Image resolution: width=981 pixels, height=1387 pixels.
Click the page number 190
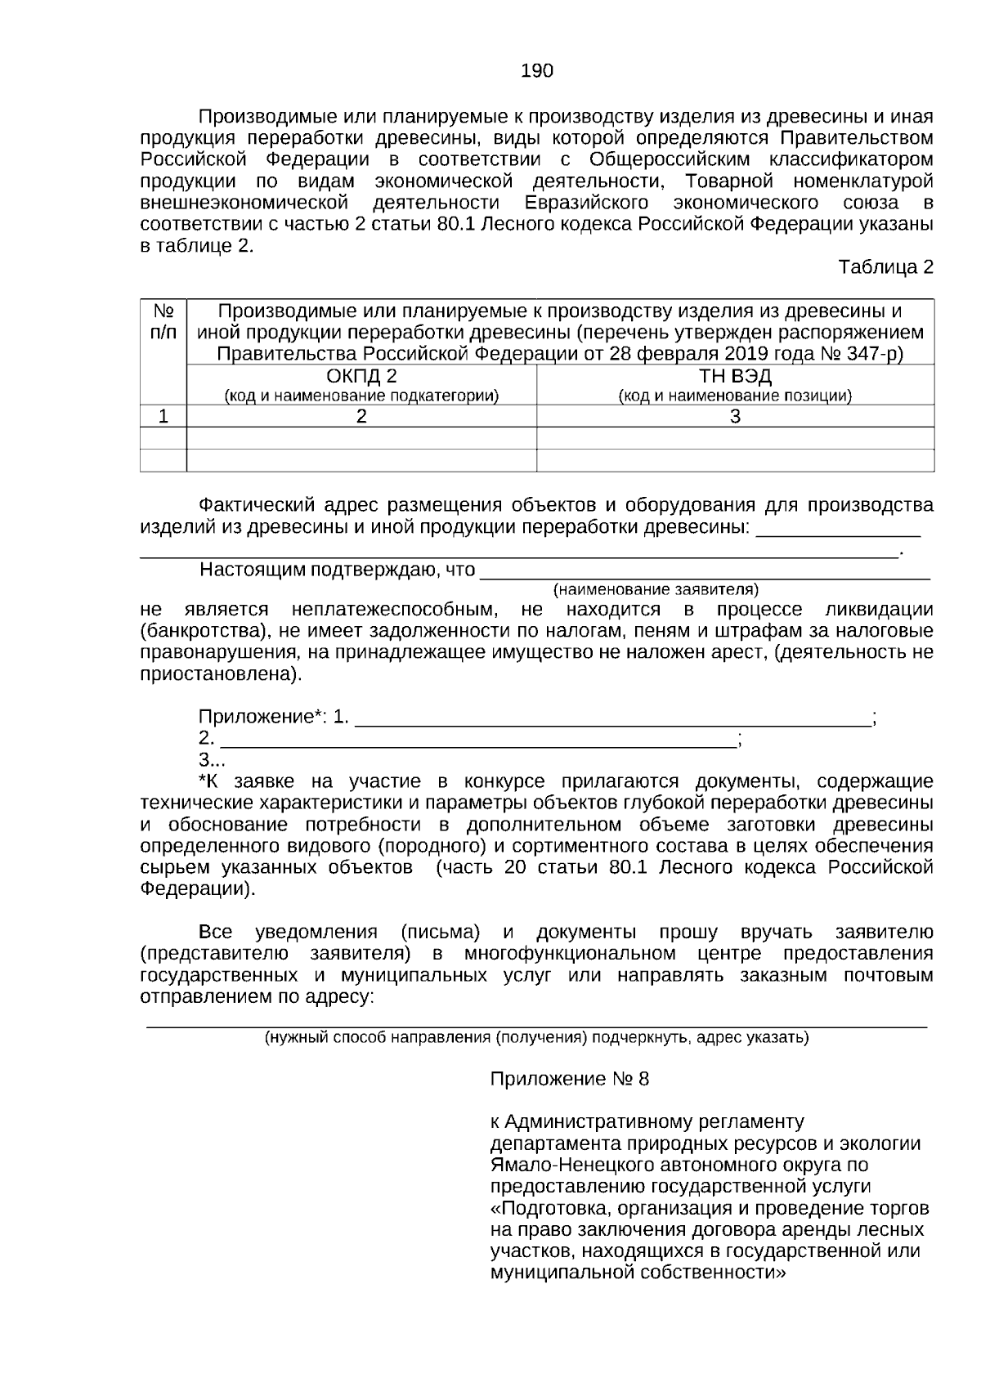pyautogui.click(x=537, y=71)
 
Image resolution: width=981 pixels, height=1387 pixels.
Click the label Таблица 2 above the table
pyautogui.click(x=885, y=267)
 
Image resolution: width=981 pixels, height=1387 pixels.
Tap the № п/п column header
pyautogui.click(x=163, y=322)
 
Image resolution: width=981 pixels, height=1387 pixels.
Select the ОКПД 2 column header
pyautogui.click(x=361, y=377)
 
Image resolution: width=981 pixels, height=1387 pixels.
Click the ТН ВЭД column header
pyautogui.click(x=735, y=377)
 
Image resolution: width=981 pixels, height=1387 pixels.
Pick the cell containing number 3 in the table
pyautogui.click(x=735, y=417)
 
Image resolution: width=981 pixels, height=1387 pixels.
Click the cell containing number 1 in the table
pyautogui.click(x=163, y=417)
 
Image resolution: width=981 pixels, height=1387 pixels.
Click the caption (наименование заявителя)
pyautogui.click(x=656, y=589)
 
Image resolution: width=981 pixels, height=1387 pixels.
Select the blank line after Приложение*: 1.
pyautogui.click(x=613, y=719)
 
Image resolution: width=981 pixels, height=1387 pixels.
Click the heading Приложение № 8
pyautogui.click(x=569, y=1079)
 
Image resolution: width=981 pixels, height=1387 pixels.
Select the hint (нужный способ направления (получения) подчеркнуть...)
pyautogui.click(x=536, y=1038)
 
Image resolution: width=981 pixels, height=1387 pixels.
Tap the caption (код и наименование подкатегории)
pyautogui.click(x=361, y=396)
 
